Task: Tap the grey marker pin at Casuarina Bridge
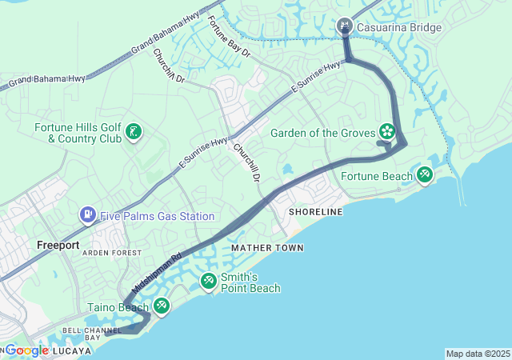[x=345, y=26]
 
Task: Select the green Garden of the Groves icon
[x=387, y=130]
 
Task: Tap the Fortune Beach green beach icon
[x=424, y=174]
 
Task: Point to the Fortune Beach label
[x=376, y=176]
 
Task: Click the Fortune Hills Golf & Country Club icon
[x=134, y=132]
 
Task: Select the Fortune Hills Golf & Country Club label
[x=77, y=133]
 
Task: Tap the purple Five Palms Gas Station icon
[x=87, y=215]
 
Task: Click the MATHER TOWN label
[x=267, y=249]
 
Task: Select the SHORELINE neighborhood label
[x=315, y=211]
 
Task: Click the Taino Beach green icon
[x=162, y=305]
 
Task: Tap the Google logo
[x=26, y=350]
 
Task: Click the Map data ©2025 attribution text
[x=476, y=354]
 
